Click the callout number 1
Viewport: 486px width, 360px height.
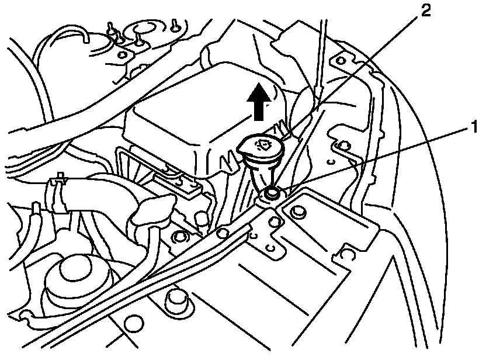pyautogui.click(x=474, y=125)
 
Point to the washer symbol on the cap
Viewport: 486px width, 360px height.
pyautogui.click(x=263, y=144)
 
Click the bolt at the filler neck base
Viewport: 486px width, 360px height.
pyautogui.click(x=271, y=193)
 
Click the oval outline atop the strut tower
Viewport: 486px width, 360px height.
pyautogui.click(x=143, y=29)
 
